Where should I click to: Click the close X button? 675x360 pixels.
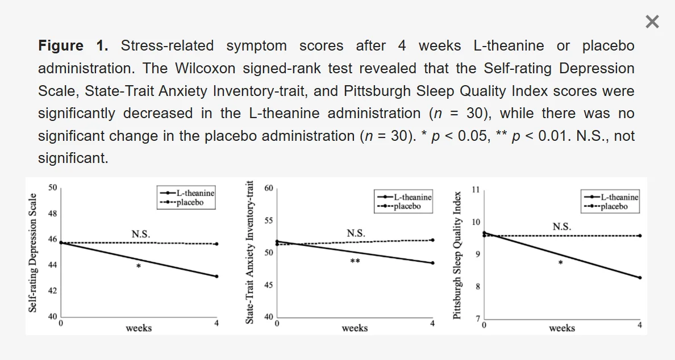pyautogui.click(x=652, y=22)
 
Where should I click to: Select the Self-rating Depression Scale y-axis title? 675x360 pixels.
pyautogui.click(x=33, y=253)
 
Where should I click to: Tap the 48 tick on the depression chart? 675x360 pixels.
pyautogui.click(x=52, y=214)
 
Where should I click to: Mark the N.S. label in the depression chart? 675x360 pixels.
pyautogui.click(x=141, y=234)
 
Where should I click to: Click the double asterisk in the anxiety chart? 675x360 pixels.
pyautogui.click(x=355, y=262)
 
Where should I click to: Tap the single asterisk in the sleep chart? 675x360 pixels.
pyautogui.click(x=561, y=263)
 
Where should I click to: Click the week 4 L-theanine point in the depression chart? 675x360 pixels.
pyautogui.click(x=216, y=277)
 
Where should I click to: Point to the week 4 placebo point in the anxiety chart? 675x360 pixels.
pyautogui.click(x=432, y=240)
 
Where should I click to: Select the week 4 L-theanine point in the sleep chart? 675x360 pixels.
pyautogui.click(x=640, y=278)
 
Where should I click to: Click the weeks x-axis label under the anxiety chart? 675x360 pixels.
pyautogui.click(x=355, y=328)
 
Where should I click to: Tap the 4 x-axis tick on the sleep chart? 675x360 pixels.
pyautogui.click(x=640, y=325)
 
